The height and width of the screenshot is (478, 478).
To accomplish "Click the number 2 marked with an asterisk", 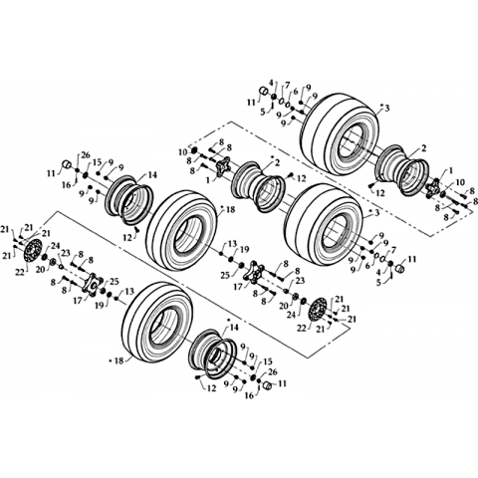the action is point(277,162).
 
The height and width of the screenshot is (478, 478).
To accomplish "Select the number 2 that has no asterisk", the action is point(423,148).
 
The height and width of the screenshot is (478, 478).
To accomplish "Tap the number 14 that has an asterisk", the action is point(234,328).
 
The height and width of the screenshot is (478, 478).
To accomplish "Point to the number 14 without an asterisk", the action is point(152,174).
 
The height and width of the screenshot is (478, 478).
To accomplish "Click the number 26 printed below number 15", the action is point(272,372).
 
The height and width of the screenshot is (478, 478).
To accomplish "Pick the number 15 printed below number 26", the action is point(97,162).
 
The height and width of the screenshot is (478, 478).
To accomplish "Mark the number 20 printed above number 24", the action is point(283,306).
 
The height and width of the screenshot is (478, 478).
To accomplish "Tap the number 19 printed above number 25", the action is point(244,250).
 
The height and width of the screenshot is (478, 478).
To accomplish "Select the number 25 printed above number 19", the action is point(114,282).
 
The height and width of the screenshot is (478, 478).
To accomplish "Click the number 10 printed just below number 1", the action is point(460,182).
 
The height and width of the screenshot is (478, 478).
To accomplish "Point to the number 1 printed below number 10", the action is point(209,179).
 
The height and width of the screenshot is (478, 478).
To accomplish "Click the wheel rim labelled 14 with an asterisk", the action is point(213,355).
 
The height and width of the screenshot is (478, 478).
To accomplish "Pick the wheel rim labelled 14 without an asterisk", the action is point(128,200).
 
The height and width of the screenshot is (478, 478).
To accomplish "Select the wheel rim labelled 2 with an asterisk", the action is point(259,186).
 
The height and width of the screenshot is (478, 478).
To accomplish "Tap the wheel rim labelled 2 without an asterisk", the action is point(402,170).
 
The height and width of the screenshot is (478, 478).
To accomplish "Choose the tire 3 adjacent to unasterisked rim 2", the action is point(341,135).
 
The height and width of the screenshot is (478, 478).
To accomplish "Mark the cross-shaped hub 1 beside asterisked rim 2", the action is point(221,166).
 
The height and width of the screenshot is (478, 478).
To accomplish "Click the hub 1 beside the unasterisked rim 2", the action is point(433,189).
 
